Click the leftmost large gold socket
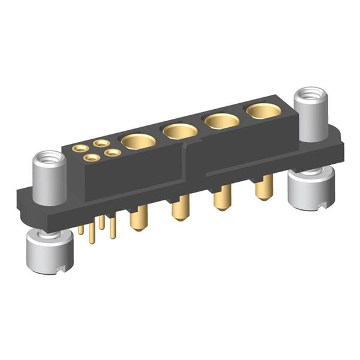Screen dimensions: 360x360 point(138,142)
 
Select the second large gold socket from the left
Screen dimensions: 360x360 point(180,131)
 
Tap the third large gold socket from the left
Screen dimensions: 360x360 point(222,121)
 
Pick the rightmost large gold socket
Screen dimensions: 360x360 point(263,111)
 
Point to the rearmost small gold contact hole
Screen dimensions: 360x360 point(101,143)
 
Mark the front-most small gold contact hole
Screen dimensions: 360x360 point(91,158)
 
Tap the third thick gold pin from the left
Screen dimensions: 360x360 point(222,197)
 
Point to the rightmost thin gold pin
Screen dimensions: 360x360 point(113,227)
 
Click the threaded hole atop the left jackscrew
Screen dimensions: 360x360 point(47,160)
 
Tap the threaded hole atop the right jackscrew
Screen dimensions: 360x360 point(311,95)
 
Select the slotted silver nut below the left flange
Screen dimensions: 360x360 point(50,252)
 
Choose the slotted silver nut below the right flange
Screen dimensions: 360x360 point(310,188)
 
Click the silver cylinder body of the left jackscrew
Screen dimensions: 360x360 point(48,183)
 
